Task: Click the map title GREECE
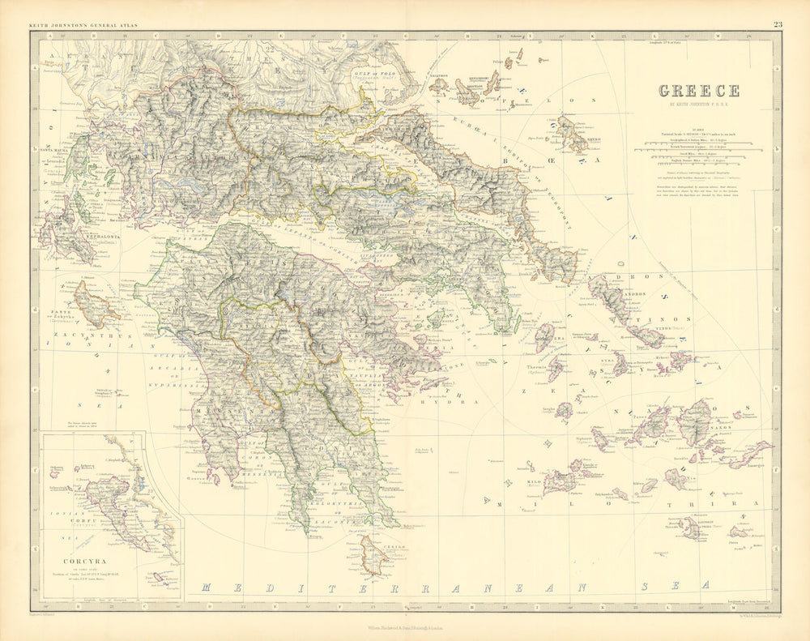[698, 91]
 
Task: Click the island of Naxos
[695, 422]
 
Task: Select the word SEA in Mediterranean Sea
[685, 584]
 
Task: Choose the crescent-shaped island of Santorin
[690, 528]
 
